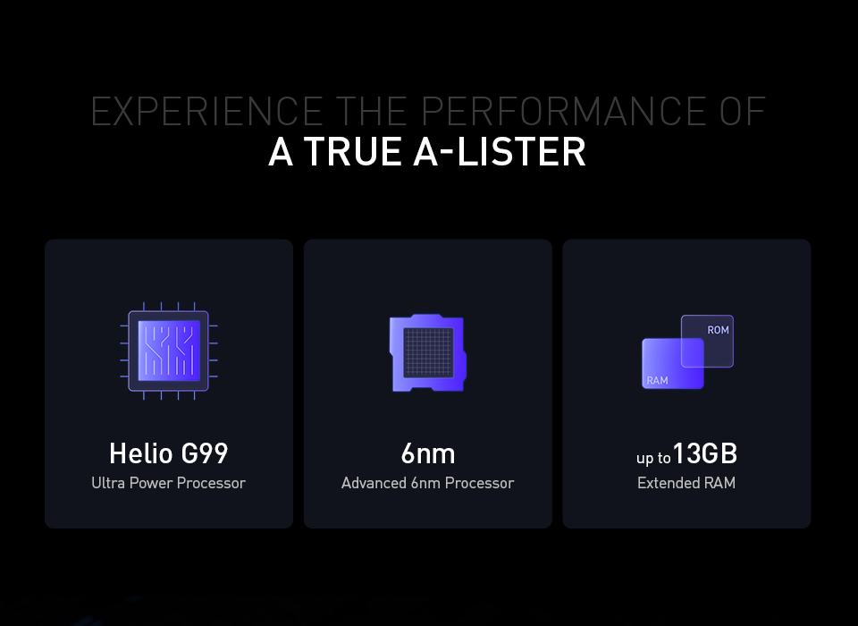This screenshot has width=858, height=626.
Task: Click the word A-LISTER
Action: tap(500, 152)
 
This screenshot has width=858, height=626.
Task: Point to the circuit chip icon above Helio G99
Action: tap(169, 351)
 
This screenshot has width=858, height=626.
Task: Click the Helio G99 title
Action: tap(169, 453)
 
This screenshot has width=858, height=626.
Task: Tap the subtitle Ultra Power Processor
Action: tap(169, 483)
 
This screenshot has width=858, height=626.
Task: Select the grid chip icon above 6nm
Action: tap(428, 352)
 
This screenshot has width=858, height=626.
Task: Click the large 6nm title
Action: tap(428, 454)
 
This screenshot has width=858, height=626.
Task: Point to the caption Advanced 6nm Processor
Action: tap(428, 483)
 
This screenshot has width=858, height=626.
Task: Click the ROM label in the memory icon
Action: tap(718, 330)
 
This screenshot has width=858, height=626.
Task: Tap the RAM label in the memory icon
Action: tap(657, 381)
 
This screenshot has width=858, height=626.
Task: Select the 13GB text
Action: tap(705, 453)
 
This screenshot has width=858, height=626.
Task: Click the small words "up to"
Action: tap(653, 458)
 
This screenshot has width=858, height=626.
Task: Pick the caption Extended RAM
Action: tap(686, 483)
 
